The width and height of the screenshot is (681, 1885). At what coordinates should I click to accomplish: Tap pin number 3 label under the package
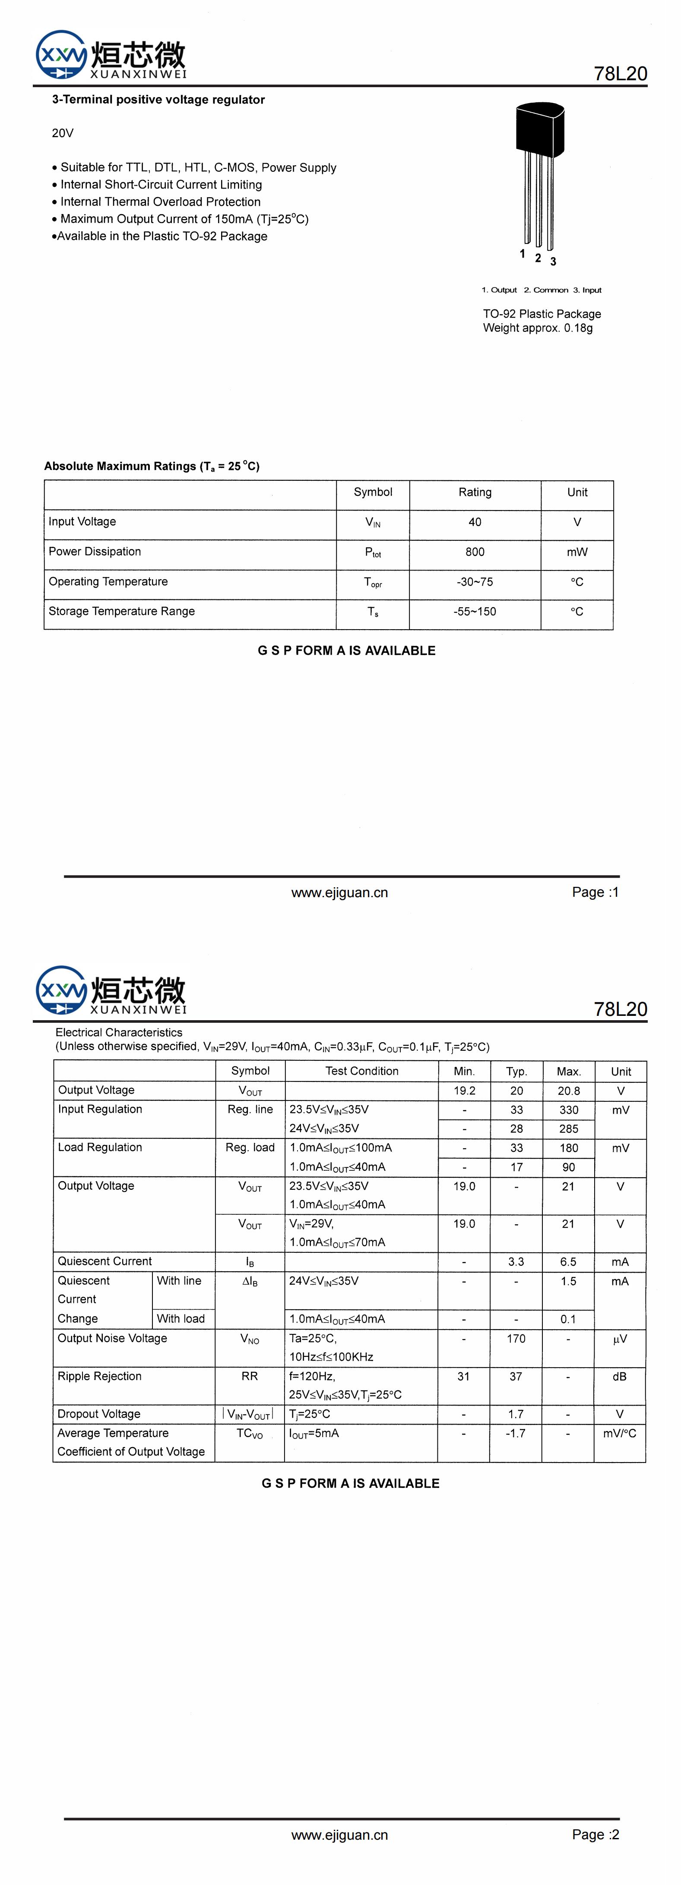tap(553, 261)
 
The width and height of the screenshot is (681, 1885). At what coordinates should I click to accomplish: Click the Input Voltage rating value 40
tap(475, 522)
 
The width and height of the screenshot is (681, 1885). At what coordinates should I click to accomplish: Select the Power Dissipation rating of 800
tap(475, 552)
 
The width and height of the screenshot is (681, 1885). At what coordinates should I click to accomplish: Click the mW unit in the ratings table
tap(577, 552)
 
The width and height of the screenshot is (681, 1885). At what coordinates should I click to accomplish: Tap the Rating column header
tap(475, 492)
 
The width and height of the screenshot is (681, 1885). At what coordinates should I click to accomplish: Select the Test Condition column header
tap(362, 1071)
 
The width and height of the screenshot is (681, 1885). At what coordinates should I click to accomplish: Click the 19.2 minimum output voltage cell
tap(464, 1091)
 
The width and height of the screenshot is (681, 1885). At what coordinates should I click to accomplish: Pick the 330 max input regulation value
tap(568, 1110)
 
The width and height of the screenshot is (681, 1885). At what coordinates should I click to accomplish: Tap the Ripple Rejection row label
tap(100, 1376)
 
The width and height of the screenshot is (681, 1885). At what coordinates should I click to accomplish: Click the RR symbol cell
tap(250, 1376)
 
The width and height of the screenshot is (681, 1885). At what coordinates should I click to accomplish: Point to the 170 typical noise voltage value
tap(516, 1338)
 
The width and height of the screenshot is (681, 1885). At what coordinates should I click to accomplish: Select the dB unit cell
tap(620, 1376)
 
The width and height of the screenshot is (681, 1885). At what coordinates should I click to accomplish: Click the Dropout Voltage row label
tap(99, 1414)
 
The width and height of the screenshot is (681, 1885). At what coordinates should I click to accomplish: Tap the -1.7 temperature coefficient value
tap(516, 1433)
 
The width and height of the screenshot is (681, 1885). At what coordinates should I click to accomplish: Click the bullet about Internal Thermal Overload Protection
tap(160, 201)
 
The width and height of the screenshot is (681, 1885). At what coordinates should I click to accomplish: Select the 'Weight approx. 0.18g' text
tap(538, 328)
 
